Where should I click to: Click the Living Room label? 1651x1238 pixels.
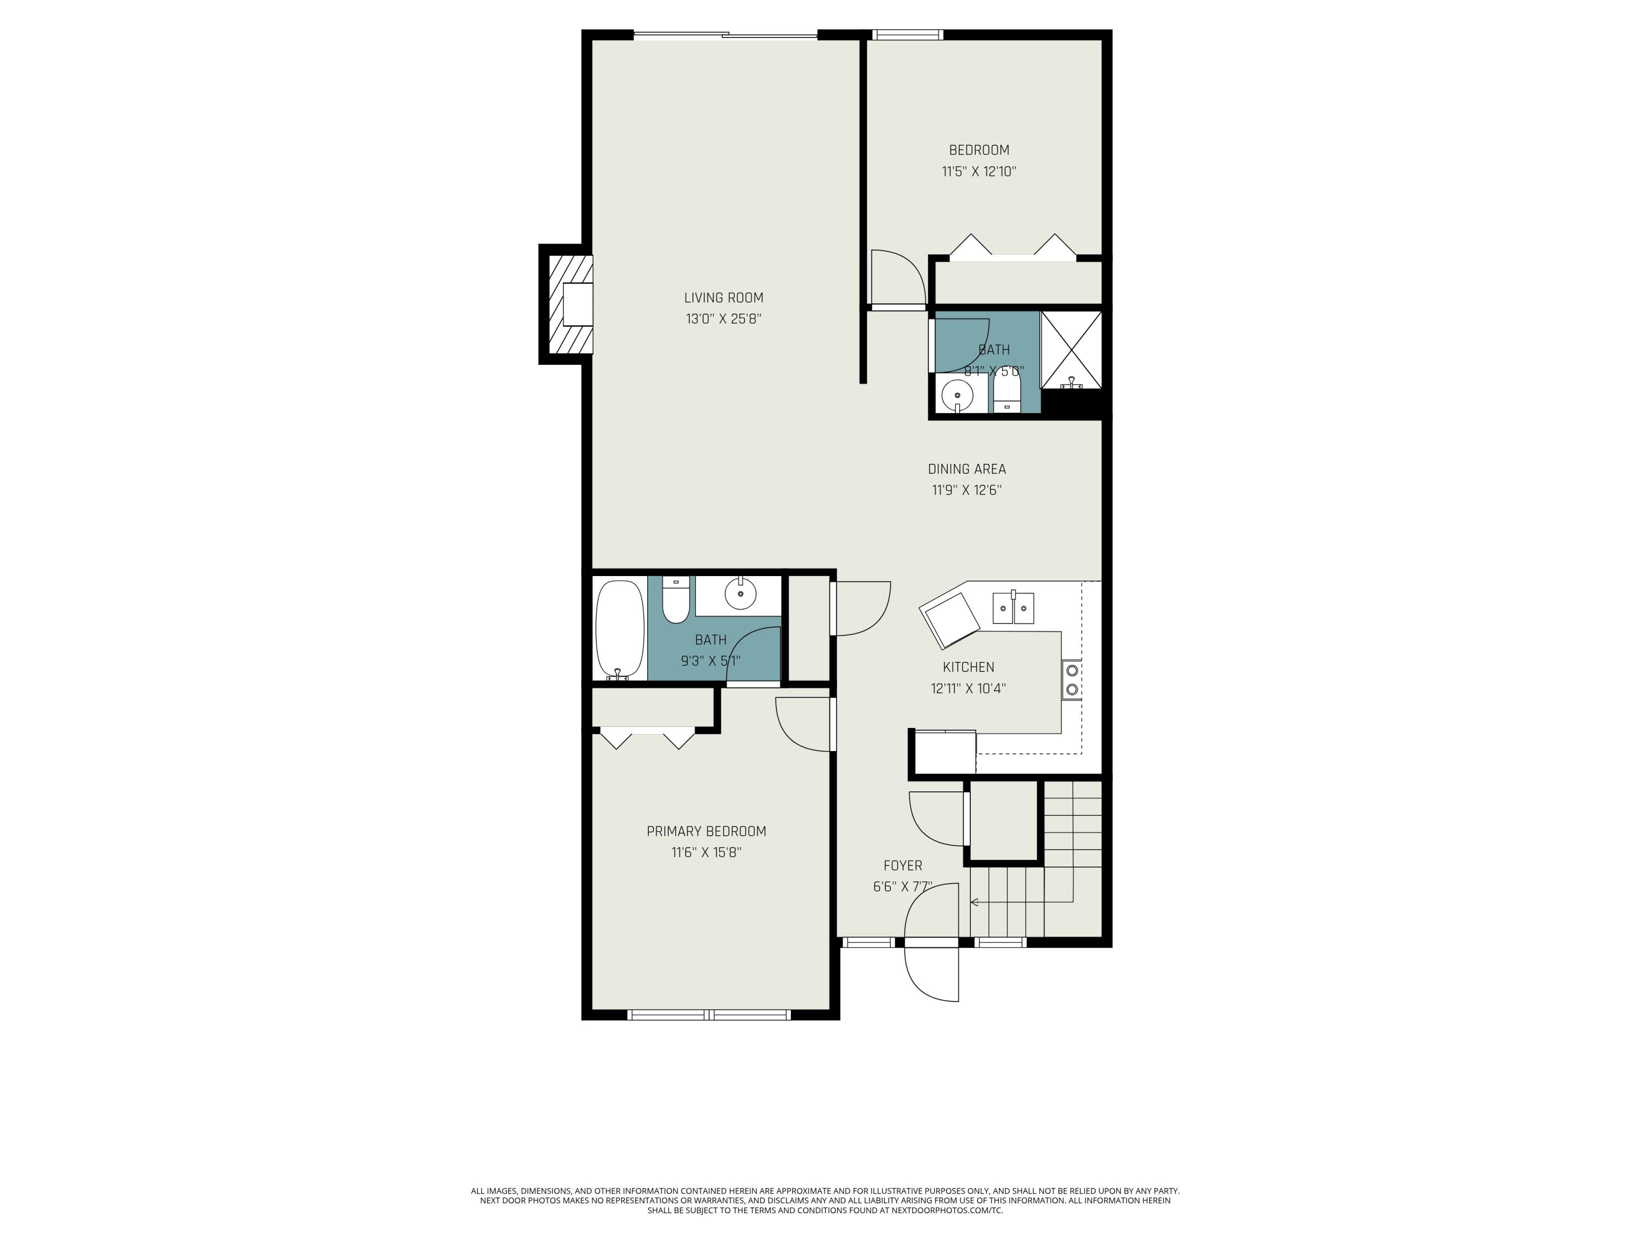pyautogui.click(x=723, y=298)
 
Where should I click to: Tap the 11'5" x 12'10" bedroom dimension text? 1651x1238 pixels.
pyautogui.click(x=978, y=172)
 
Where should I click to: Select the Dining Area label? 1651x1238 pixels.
pyautogui.click(x=966, y=469)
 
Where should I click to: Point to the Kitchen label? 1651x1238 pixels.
pyautogui.click(x=968, y=667)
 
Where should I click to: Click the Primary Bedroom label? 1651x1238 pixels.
pyautogui.click(x=706, y=831)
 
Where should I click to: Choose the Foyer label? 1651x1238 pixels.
pyautogui.click(x=903, y=865)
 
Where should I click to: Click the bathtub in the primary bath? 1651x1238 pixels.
pyautogui.click(x=620, y=630)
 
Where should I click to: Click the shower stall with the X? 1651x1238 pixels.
pyautogui.click(x=1071, y=350)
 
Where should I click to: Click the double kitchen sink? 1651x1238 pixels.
pyautogui.click(x=1013, y=608)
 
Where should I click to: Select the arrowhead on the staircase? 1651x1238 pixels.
pyautogui.click(x=974, y=902)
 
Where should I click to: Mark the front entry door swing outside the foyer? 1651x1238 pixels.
pyautogui.click(x=931, y=974)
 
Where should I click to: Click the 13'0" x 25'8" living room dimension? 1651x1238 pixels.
pyautogui.click(x=723, y=319)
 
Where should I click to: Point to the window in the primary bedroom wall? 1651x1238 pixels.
pyautogui.click(x=708, y=1014)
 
